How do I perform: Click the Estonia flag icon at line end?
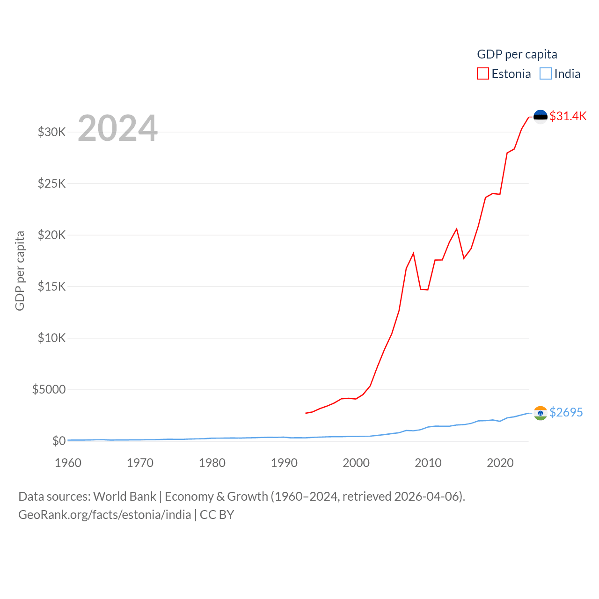click(x=541, y=117)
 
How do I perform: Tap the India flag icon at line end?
click(x=541, y=413)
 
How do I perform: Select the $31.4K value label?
click(x=568, y=116)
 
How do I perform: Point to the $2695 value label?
click(x=566, y=412)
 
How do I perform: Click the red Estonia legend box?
click(x=482, y=74)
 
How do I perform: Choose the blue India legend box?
click(x=546, y=74)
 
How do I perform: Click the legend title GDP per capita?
click(x=517, y=54)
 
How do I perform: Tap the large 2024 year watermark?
click(x=117, y=128)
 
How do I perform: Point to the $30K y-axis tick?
click(x=51, y=132)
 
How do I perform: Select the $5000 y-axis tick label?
click(x=49, y=389)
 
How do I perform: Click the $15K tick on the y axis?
click(x=51, y=286)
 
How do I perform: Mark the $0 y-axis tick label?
click(x=59, y=441)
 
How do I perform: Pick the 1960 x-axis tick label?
click(x=68, y=463)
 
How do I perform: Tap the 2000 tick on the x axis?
click(x=356, y=463)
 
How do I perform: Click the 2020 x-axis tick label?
click(x=500, y=463)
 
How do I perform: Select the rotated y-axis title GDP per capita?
click(x=20, y=270)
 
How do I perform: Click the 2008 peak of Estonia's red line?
click(x=413, y=254)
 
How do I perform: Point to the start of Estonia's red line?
click(x=306, y=413)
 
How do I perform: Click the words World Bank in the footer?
click(x=124, y=496)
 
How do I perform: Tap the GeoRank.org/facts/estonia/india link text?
click(x=105, y=515)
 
